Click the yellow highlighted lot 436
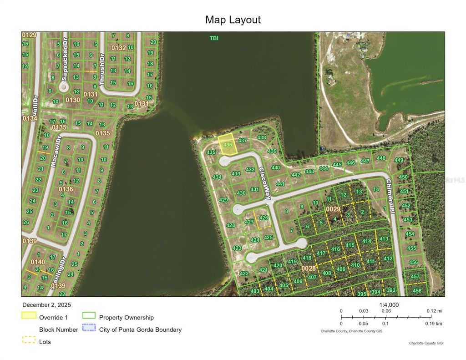coord(227,145)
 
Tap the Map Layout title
coord(233,20)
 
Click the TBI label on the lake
coord(214,38)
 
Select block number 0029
coord(333,209)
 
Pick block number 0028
coord(309,269)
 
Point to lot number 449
coord(399,160)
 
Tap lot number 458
coord(417,290)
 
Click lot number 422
coord(244,274)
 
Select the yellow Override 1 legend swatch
coord(29,315)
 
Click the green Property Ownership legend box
coord(89,315)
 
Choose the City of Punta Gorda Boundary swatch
coord(89,328)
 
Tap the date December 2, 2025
coord(46,305)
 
